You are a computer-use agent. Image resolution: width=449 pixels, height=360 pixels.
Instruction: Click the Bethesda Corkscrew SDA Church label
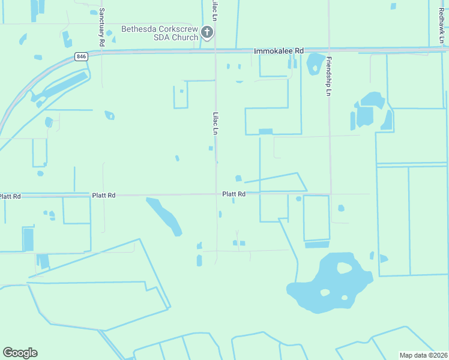pyautogui.click(x=159, y=32)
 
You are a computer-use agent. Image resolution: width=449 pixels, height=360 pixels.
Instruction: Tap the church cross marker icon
pyautogui.click(x=207, y=32)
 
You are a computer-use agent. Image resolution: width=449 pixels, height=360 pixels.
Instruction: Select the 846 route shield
pyautogui.click(x=81, y=56)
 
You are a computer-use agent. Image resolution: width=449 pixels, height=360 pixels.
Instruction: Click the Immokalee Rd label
pyautogui.click(x=279, y=52)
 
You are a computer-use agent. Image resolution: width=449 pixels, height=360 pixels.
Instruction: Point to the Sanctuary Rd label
pyautogui.click(x=102, y=28)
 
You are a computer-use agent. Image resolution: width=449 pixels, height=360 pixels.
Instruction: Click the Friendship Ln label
pyautogui.click(x=328, y=76)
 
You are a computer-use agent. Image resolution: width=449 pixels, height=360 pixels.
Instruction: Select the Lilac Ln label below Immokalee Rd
pyautogui.click(x=215, y=122)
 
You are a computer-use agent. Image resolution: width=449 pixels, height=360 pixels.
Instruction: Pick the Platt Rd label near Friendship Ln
pyautogui.click(x=234, y=194)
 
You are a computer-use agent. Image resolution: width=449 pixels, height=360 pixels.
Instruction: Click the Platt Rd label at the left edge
pyautogui.click(x=10, y=196)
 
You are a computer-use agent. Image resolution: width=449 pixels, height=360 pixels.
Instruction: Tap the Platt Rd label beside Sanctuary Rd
pyautogui.click(x=103, y=195)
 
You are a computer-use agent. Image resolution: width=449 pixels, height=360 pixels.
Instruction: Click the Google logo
pyautogui.click(x=20, y=353)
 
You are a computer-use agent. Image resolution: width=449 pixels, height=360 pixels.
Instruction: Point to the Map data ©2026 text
pyautogui.click(x=423, y=355)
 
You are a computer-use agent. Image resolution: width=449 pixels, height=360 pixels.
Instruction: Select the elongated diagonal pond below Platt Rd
pyautogui.click(x=164, y=216)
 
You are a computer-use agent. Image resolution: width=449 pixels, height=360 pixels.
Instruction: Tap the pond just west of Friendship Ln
pyautogui.click(x=314, y=64)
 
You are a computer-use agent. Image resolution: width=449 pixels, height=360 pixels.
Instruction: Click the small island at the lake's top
pyautogui.click(x=345, y=268)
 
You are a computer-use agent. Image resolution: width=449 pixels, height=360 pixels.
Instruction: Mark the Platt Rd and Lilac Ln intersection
pyautogui.click(x=216, y=194)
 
